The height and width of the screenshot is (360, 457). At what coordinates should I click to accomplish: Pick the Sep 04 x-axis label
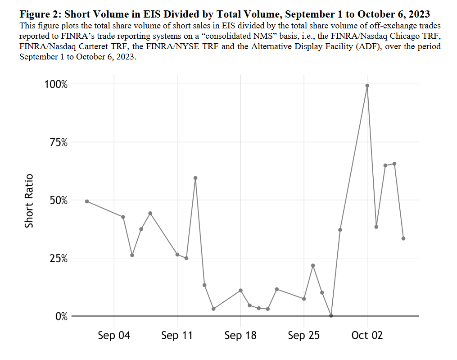[114, 336]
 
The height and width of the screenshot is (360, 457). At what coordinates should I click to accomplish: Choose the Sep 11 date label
[177, 336]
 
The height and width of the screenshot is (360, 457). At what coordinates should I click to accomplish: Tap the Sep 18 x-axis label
[240, 336]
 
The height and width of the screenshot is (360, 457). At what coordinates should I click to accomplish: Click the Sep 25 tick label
[304, 336]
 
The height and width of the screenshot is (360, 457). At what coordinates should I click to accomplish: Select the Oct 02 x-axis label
[367, 336]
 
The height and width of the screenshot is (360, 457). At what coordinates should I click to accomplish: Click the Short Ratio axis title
[29, 200]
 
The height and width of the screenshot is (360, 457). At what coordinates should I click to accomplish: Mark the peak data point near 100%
[367, 86]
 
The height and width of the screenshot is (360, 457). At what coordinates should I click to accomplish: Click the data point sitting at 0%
[331, 315]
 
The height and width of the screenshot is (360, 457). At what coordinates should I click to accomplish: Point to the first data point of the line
[87, 201]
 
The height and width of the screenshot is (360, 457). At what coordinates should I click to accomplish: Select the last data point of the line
[403, 238]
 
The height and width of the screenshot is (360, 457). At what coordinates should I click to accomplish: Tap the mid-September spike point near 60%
[195, 178]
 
